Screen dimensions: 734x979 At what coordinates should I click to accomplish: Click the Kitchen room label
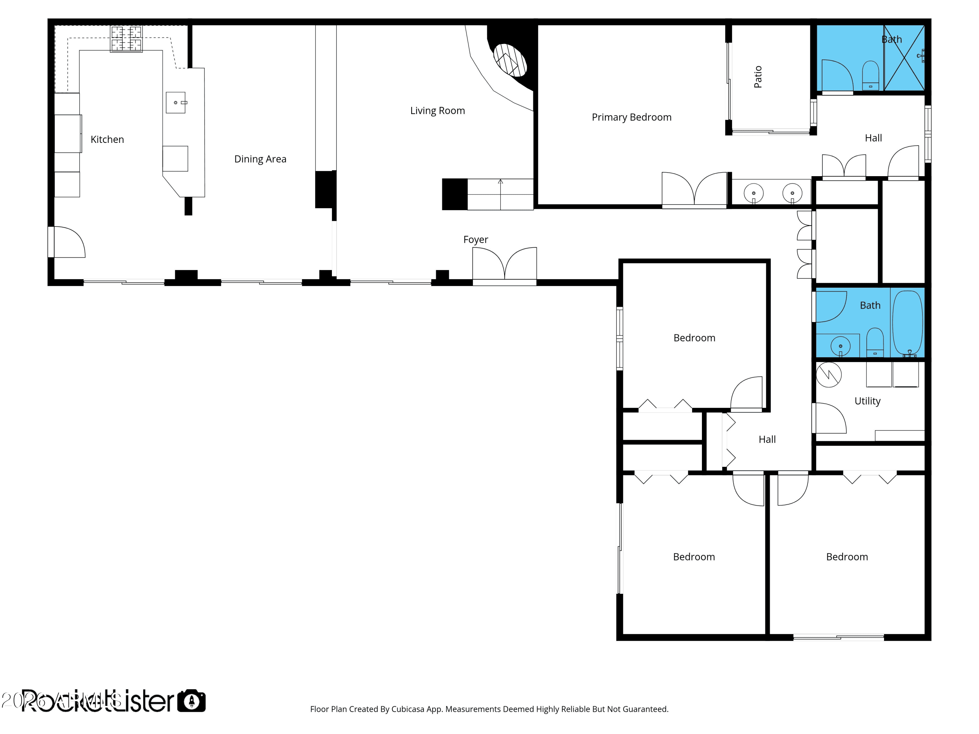[107, 139]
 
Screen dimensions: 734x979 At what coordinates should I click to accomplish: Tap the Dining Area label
[260, 159]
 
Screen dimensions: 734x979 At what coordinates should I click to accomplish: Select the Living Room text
[437, 111]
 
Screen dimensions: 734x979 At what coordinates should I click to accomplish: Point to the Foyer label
[475, 239]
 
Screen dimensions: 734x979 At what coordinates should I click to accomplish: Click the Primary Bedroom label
[631, 117]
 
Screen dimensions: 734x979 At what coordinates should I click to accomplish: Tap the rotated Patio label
[758, 77]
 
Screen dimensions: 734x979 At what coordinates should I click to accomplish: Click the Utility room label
[867, 401]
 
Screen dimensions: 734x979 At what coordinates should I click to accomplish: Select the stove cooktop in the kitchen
[126, 38]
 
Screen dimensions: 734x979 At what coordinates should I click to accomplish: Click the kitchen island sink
[176, 103]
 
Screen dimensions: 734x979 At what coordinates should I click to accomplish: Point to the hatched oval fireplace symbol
[510, 60]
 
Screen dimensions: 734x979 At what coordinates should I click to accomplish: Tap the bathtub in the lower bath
[907, 323]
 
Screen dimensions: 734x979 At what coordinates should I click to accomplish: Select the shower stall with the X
[904, 58]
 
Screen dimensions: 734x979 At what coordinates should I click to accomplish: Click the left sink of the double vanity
[753, 193]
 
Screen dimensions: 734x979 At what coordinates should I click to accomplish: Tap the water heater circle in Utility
[828, 375]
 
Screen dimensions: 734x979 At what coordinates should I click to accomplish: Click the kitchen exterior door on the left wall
[66, 242]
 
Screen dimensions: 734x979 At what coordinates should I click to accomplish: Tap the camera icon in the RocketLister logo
[192, 701]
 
